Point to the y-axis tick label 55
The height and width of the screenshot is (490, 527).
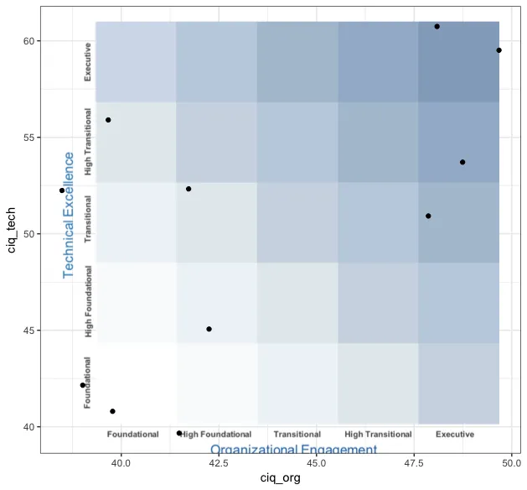pyautogui.click(x=27, y=138)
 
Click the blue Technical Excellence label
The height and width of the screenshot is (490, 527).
pyautogui.click(x=69, y=215)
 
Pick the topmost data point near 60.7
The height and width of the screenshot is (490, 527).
pyautogui.click(x=437, y=27)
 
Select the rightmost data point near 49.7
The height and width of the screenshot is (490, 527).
pyautogui.click(x=499, y=50)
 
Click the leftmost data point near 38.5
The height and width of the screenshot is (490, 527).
pyautogui.click(x=62, y=190)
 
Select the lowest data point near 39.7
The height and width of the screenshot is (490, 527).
pyautogui.click(x=179, y=433)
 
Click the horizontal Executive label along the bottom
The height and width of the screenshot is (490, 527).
pyautogui.click(x=455, y=435)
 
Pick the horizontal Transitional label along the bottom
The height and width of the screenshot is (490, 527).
pyautogui.click(x=297, y=435)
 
